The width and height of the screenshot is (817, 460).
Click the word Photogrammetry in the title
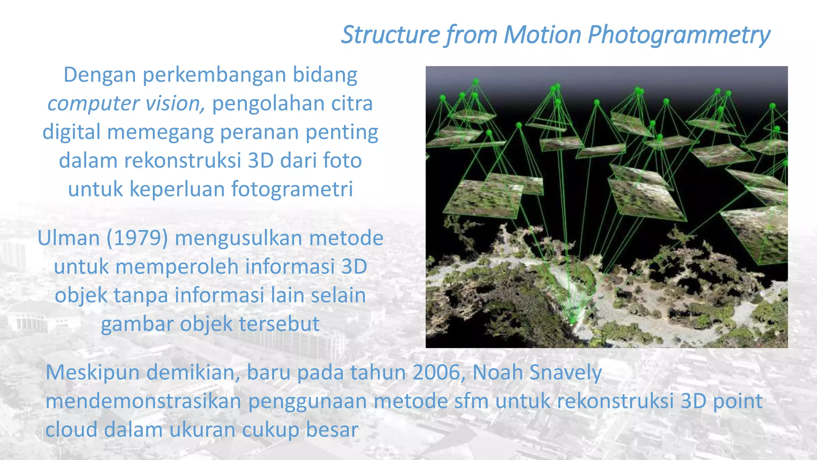(x=679, y=35)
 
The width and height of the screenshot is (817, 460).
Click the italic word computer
(x=93, y=104)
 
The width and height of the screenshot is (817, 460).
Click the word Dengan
(x=100, y=75)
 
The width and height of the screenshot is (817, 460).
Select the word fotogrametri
(x=292, y=189)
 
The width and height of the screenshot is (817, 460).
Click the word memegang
(x=160, y=133)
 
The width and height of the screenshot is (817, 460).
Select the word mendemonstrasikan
(x=143, y=401)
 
